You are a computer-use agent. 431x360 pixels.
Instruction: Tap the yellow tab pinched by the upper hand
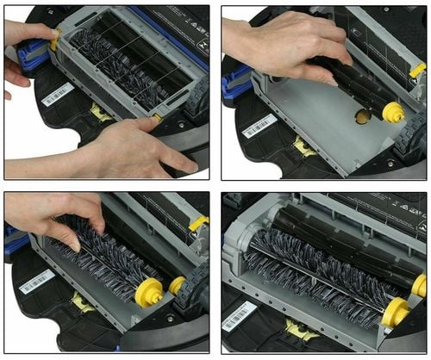tap(54, 38)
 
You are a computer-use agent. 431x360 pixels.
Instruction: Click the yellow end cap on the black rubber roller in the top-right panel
tap(392, 110)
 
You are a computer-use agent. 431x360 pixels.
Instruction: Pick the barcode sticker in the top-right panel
tap(259, 126)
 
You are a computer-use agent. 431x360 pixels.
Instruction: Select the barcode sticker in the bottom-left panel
tap(37, 282)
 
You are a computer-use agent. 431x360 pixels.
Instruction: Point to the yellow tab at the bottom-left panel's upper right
tap(199, 224)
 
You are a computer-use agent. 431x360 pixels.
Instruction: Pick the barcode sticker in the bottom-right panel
tap(239, 315)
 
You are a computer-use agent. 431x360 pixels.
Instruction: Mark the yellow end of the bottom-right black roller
tap(418, 285)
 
